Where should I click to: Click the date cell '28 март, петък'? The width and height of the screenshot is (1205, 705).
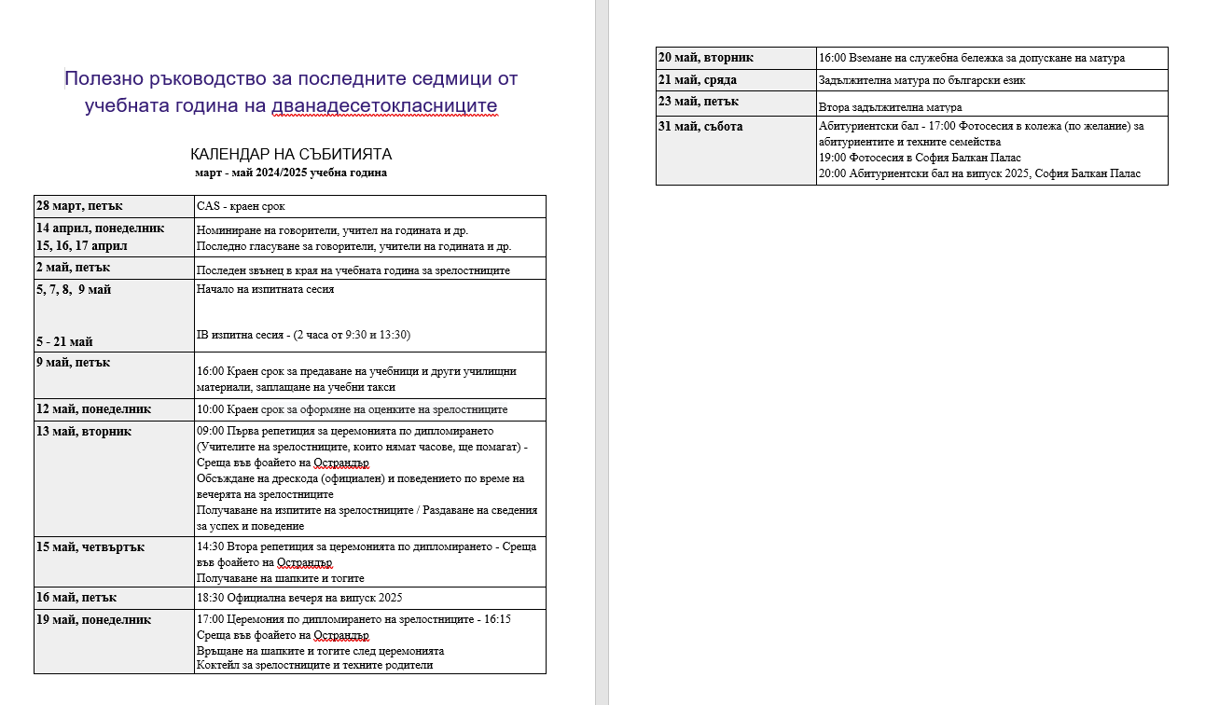point(80,205)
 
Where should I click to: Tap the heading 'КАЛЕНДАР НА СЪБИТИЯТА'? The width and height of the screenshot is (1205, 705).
point(290,154)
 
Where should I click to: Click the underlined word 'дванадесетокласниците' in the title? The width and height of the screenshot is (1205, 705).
point(384,105)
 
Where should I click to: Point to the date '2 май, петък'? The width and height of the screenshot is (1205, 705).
point(74,268)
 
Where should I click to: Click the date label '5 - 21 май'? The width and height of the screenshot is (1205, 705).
point(64,341)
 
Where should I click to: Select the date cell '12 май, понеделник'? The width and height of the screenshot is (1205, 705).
point(93,408)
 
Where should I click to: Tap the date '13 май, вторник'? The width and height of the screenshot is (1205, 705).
point(84,431)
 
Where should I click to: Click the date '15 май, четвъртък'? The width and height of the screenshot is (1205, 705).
point(90,546)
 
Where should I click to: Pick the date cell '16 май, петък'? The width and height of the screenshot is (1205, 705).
point(76,597)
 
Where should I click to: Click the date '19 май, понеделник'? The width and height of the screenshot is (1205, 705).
point(93,619)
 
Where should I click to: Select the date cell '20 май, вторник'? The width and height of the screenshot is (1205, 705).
point(706,57)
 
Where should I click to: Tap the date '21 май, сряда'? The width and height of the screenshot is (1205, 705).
point(698,79)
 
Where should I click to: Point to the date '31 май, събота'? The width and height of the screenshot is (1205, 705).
point(700,126)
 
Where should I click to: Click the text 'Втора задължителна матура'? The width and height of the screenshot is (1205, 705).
point(890,107)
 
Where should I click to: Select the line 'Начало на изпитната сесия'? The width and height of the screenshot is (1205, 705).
point(266,289)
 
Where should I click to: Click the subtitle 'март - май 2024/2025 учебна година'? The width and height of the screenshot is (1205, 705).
point(290,173)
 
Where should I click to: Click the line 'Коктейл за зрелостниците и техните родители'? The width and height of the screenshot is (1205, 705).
point(315,665)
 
